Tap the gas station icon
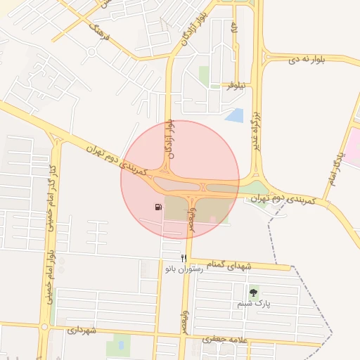click(x=157, y=207)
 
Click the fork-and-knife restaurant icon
click(x=184, y=259)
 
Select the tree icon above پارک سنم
click(x=253, y=291)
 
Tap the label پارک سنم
click(x=253, y=304)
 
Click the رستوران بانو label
click(x=184, y=269)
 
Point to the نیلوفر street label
click(x=234, y=86)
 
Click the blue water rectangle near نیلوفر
click(x=235, y=115)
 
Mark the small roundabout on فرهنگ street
click(x=91, y=52)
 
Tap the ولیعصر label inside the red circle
click(x=191, y=215)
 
